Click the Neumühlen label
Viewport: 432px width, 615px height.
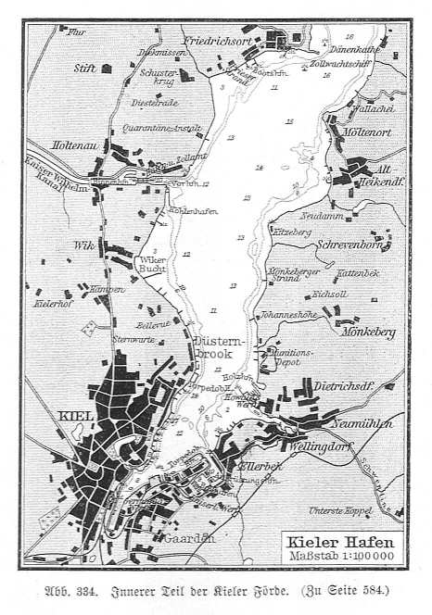coord(376,422)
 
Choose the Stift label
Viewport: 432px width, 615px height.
coord(85,69)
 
